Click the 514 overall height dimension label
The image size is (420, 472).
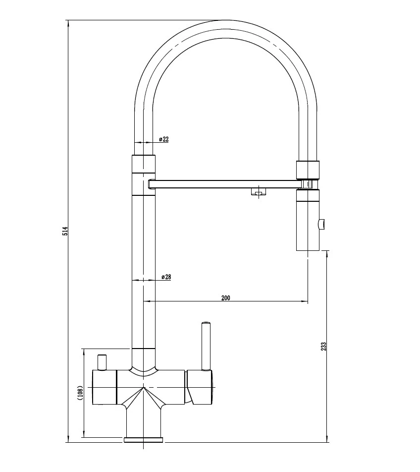tap(65, 231)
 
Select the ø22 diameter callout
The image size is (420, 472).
tap(164, 139)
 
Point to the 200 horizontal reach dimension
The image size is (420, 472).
tap(226, 298)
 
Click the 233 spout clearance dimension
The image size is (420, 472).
tap(323, 346)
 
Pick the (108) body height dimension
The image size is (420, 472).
tap(80, 393)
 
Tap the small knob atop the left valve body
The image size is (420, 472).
tap(103, 362)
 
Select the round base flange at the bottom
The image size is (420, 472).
tap(143, 439)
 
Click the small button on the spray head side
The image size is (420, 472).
tap(322, 225)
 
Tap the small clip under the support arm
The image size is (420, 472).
tap(257, 192)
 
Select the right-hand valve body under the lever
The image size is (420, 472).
tap(200, 387)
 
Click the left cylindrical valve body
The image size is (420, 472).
tap(104, 387)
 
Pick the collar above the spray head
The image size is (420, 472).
tap(308, 170)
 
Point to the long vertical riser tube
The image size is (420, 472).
tap(144, 268)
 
